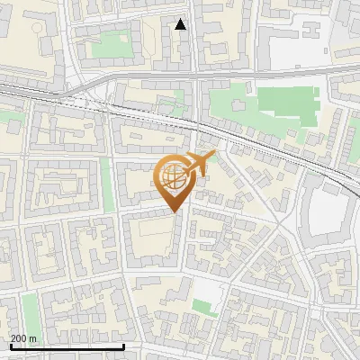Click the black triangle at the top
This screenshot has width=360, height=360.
pos(181,24)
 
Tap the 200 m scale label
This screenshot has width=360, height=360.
pos(23,338)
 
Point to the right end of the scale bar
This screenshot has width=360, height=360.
pos(123,346)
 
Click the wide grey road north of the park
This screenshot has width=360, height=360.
pos(270,71)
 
